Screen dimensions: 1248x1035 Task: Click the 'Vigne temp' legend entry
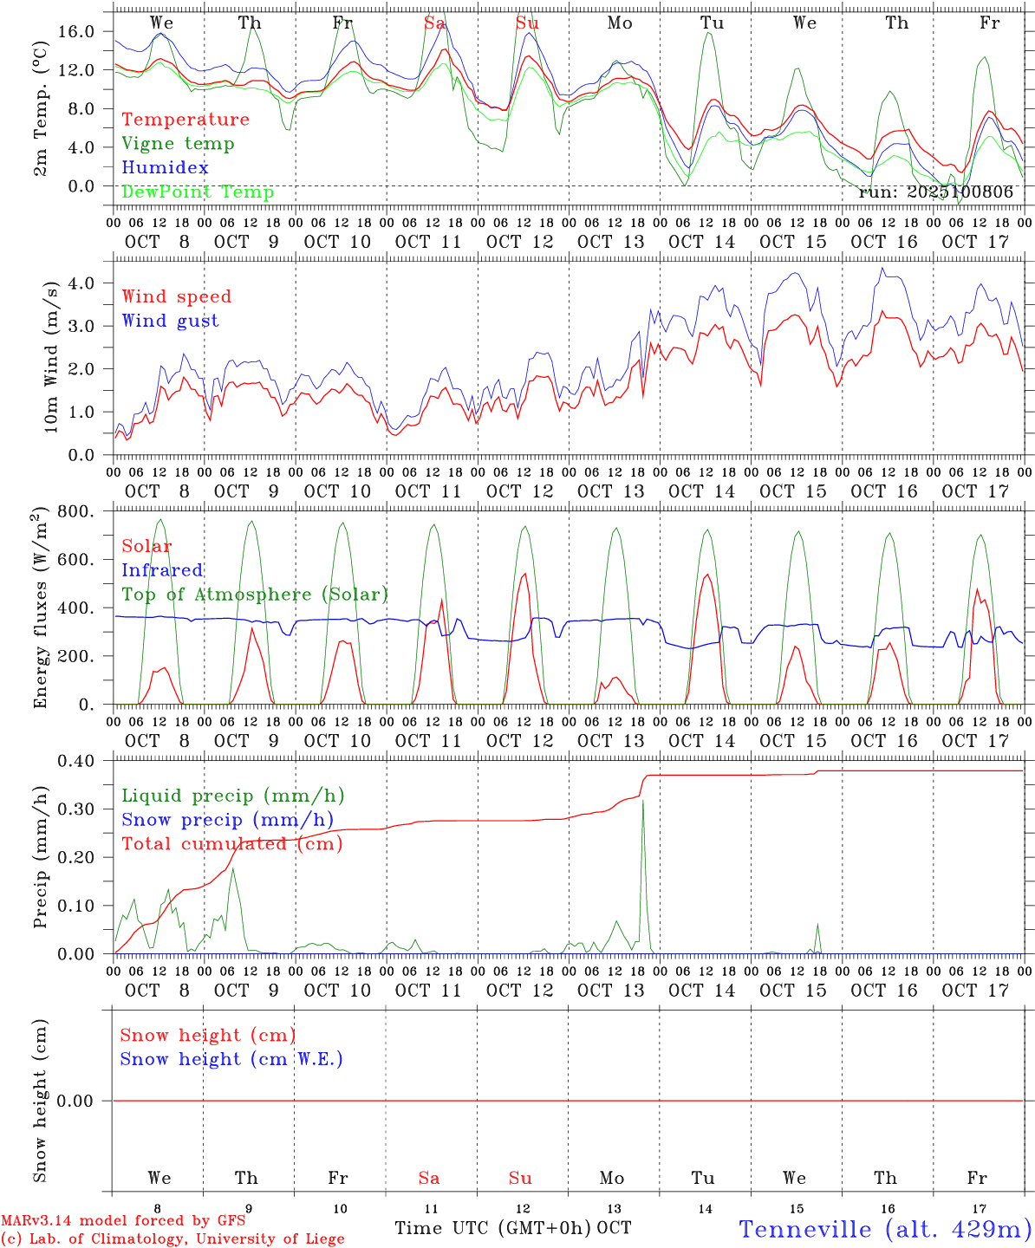(x=178, y=144)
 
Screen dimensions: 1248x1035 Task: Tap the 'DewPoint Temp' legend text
(x=198, y=192)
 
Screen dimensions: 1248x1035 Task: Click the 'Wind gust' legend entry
(x=170, y=321)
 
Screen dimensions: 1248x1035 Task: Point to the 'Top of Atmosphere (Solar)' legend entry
(x=254, y=595)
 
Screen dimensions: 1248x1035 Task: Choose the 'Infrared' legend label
(x=162, y=570)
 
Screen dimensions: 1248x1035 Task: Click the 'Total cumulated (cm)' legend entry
(x=231, y=844)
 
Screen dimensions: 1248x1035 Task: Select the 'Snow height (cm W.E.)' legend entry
(x=231, y=1059)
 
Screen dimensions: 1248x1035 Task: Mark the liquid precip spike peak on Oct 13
(x=642, y=801)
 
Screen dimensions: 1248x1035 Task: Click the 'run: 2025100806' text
(x=935, y=192)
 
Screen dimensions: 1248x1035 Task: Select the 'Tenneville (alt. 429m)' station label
(x=885, y=1229)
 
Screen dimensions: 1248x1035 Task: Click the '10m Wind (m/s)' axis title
(x=51, y=354)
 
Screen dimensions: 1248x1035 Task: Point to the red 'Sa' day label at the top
(x=434, y=23)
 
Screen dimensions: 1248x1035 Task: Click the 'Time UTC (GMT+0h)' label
(x=493, y=1228)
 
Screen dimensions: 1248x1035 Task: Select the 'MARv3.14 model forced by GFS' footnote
(x=123, y=1221)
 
